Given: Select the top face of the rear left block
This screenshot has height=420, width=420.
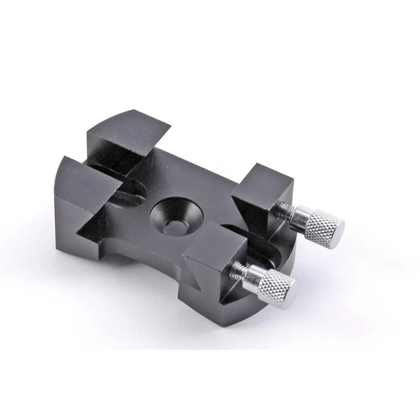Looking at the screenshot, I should coord(129,129).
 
